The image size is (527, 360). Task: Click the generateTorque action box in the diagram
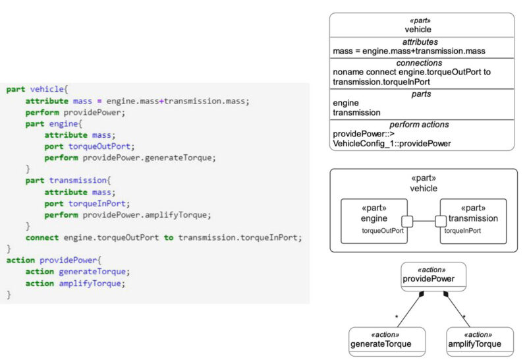(381, 340)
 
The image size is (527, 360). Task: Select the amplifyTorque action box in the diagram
(480, 340)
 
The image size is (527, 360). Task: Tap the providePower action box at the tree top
(433, 277)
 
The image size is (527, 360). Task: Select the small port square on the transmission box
(441, 221)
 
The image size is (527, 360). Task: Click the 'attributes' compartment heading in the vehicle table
(421, 42)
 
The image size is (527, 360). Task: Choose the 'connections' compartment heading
(421, 63)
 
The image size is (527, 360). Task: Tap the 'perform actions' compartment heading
(421, 124)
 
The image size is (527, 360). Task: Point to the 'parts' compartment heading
(421, 94)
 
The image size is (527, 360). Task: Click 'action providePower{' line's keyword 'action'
(20, 260)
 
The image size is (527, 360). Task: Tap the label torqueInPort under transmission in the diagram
(462, 231)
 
